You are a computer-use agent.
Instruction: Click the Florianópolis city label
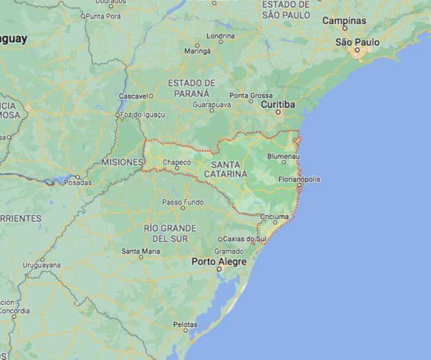point(299,179)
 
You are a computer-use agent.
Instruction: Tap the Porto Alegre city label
point(218,262)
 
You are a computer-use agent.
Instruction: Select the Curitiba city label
point(277,104)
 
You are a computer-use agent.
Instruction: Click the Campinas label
point(344,21)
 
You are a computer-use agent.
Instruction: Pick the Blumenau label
point(283,157)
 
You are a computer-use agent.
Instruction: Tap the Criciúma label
point(275,216)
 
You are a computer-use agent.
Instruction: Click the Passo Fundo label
point(183,202)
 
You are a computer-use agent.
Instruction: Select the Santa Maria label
point(141,251)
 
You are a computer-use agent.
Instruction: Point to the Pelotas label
point(185,324)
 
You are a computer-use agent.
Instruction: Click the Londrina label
point(220,36)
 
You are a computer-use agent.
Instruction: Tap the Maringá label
point(198,51)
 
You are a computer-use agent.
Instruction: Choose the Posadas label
point(78,183)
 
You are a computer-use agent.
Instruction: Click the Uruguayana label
point(41,265)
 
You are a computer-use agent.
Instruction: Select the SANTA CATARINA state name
point(229,169)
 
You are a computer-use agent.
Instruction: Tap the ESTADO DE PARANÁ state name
point(191,87)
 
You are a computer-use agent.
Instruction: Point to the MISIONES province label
point(122,162)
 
